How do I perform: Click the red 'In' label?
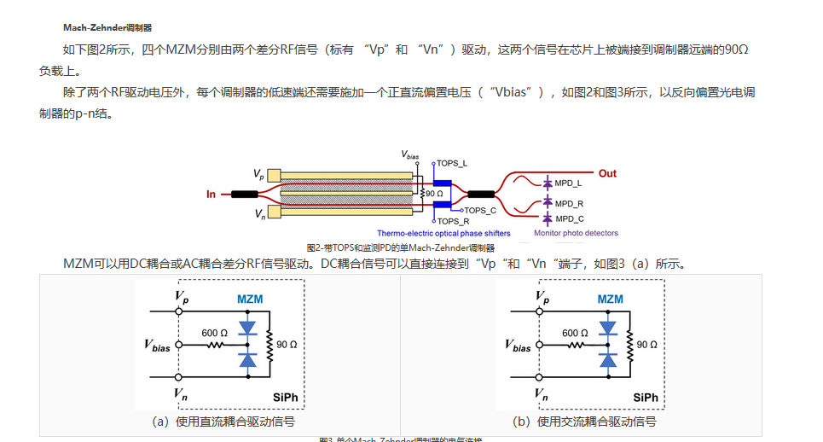click(x=211, y=195)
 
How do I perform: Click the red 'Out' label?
click(x=606, y=173)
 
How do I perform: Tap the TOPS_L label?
click(x=453, y=162)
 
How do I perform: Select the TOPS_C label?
click(x=482, y=210)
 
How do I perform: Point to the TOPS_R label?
click(x=454, y=222)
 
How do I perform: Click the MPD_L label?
click(x=569, y=183)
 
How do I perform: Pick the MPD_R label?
click(x=569, y=203)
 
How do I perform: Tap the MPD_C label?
click(x=569, y=218)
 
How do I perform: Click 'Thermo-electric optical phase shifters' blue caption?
click(x=443, y=233)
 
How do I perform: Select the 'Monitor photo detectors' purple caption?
click(x=576, y=233)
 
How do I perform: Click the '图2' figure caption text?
click(x=400, y=247)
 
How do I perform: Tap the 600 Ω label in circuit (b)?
click(x=575, y=333)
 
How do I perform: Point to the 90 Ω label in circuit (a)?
click(x=287, y=344)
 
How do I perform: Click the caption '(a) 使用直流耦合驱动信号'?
click(x=223, y=422)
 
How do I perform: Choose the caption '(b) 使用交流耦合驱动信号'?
click(x=584, y=422)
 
